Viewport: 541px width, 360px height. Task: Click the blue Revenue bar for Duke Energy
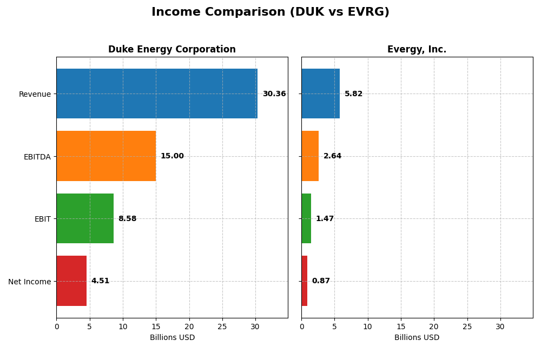point(157,94)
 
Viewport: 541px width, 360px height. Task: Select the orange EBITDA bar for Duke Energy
point(106,156)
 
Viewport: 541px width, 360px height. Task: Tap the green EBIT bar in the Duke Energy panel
point(85,218)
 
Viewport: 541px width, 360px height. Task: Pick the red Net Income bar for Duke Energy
point(71,281)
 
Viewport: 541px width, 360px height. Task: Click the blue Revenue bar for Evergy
point(320,94)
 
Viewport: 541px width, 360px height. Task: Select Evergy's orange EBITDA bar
point(310,156)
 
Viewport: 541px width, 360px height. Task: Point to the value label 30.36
point(274,94)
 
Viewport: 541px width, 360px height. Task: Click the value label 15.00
point(172,156)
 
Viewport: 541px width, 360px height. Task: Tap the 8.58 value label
point(127,219)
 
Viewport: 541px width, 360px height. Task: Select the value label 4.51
point(100,281)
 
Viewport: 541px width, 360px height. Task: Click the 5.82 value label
point(353,94)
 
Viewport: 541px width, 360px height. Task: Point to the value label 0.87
point(321,281)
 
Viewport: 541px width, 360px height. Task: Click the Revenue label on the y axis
point(35,94)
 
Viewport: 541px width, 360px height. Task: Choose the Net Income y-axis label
point(30,282)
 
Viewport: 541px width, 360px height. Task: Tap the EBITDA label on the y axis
point(37,157)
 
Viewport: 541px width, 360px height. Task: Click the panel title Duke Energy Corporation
point(172,50)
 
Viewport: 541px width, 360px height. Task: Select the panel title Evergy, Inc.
point(417,50)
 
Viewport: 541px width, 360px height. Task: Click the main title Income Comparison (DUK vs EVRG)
point(270,12)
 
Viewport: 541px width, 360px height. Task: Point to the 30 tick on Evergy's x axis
point(500,326)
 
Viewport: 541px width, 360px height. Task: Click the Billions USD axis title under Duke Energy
point(172,338)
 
